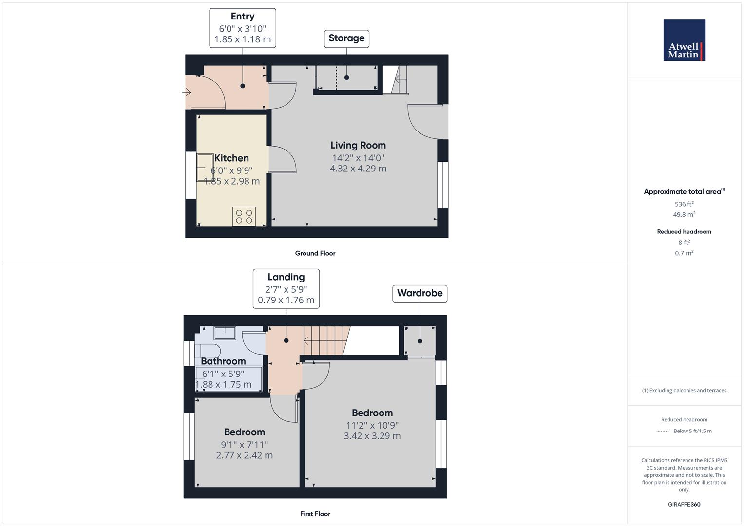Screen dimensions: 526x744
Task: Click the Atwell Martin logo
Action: coord(684,40)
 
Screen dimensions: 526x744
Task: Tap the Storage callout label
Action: coord(346,38)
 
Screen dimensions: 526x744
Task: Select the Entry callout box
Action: coord(243,28)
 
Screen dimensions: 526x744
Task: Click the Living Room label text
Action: coord(358,145)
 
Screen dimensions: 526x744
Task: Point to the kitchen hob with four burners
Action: coord(244,217)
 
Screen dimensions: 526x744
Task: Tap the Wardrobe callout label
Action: coord(420,293)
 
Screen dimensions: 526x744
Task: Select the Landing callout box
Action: coord(286,288)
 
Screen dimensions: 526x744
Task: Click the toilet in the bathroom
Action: coord(208,351)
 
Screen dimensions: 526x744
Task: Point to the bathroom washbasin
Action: coord(225,333)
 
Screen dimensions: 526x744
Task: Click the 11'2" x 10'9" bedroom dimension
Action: coord(372,425)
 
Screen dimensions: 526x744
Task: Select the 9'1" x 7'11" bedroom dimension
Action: coord(245,445)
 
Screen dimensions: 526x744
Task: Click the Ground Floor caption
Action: coord(315,253)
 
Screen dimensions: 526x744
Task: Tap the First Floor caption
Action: coord(315,514)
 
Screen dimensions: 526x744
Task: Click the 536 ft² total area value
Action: coord(684,204)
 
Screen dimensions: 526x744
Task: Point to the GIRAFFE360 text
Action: coord(684,504)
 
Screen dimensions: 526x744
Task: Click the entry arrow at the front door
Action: coord(187,92)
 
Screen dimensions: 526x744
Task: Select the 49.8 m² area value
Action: coord(684,215)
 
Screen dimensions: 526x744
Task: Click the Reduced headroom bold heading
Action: coord(684,232)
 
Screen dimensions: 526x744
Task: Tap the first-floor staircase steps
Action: coord(324,335)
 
